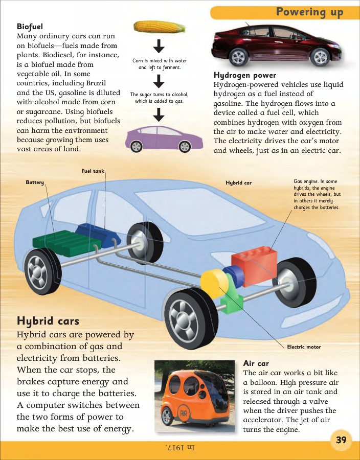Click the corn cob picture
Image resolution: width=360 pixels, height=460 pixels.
click(x=160, y=27)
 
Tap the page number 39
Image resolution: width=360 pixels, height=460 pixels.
click(x=341, y=440)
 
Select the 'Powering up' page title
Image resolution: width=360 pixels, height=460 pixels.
click(x=309, y=12)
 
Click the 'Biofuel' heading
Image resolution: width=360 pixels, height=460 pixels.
click(x=30, y=27)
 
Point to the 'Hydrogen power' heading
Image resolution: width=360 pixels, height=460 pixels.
click(x=245, y=76)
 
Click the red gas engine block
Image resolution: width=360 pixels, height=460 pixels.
click(x=255, y=265)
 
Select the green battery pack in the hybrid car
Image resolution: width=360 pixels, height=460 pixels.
click(x=66, y=243)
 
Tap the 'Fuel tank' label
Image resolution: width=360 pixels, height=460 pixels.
click(x=93, y=171)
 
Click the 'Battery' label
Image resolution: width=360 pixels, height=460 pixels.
click(x=35, y=182)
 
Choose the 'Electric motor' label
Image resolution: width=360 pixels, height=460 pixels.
click(x=304, y=347)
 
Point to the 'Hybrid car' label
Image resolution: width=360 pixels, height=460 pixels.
click(x=238, y=183)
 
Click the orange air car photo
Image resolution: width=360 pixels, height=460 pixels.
click(x=194, y=396)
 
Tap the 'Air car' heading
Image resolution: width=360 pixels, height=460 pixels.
click(x=256, y=363)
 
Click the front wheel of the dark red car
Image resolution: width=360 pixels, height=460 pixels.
click(x=320, y=57)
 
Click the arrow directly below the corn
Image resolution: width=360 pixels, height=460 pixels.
click(x=159, y=46)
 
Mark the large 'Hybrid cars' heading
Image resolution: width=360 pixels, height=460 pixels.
click(x=48, y=321)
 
